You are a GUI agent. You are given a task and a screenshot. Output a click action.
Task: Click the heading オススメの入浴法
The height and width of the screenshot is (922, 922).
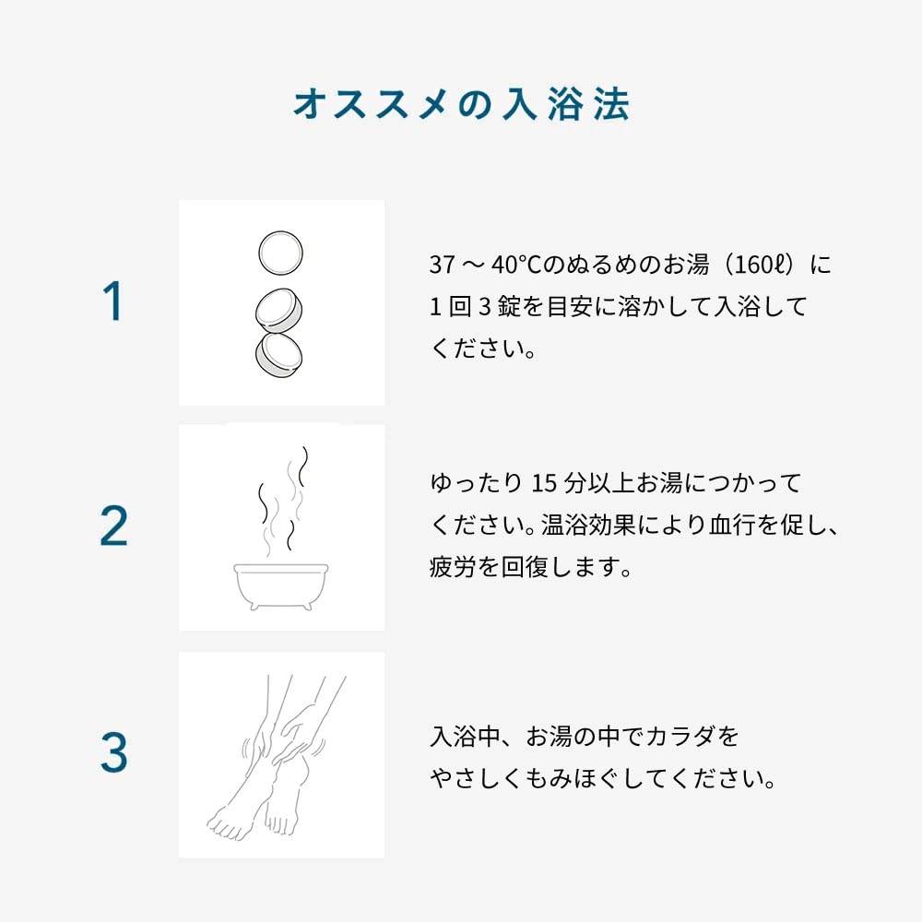[x=462, y=105]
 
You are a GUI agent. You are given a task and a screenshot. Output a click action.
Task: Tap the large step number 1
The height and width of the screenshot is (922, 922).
[x=112, y=301]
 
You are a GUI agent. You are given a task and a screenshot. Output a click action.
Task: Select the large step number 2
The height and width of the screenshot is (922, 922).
[x=113, y=526]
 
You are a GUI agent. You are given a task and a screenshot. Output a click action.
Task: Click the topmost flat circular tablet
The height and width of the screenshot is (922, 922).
[x=281, y=253]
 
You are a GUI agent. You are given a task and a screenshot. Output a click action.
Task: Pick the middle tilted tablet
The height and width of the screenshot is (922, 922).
[x=279, y=310]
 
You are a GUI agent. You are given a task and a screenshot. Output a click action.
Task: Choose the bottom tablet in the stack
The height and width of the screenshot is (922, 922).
[x=278, y=354]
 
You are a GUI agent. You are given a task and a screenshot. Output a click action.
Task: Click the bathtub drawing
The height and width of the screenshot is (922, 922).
[x=281, y=586]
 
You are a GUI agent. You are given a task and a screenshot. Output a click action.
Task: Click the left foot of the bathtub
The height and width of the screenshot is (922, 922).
[x=254, y=606]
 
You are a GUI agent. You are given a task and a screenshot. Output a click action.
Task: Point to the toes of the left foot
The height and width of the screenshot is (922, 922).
[x=228, y=825]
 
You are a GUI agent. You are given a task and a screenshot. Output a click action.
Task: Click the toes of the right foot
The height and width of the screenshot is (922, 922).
[x=281, y=823]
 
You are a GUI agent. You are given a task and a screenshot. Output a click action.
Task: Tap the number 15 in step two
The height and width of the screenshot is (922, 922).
[x=544, y=483]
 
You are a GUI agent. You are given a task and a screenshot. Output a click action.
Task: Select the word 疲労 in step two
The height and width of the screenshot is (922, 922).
[x=452, y=567]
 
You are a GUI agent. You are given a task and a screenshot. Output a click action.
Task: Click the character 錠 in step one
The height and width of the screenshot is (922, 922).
[x=509, y=307]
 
